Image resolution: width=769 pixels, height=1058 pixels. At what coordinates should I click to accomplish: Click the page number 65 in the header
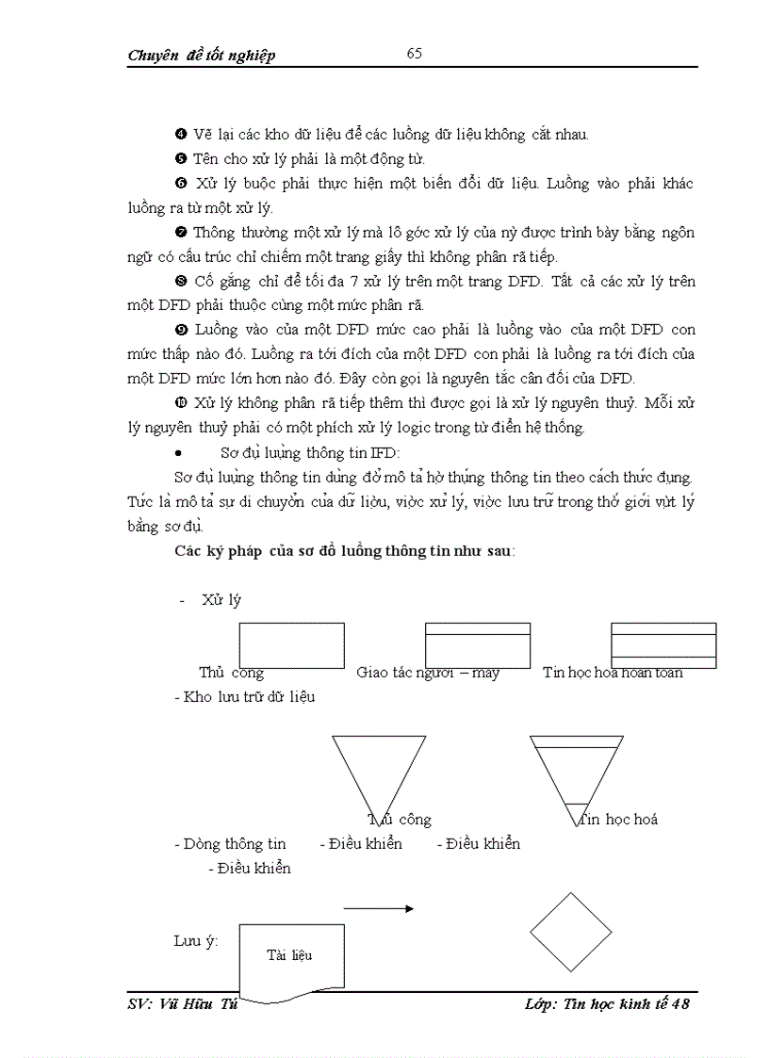pos(414,54)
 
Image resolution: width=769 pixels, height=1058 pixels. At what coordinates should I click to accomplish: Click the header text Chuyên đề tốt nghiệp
pos(201,56)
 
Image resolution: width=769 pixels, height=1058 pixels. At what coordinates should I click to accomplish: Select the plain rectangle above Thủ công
pos(291,645)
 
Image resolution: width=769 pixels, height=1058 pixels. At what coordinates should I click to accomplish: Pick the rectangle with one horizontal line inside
pos(477,645)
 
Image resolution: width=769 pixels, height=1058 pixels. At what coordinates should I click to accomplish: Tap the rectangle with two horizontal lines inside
pos(663,645)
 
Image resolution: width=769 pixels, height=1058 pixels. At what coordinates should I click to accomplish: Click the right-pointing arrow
pos(378,909)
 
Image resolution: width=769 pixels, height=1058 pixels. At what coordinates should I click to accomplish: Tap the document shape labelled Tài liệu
pos(288,959)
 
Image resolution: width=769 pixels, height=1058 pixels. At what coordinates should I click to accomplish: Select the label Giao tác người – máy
pos(428,673)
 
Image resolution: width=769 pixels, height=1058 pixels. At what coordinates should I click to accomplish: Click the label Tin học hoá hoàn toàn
pos(613,673)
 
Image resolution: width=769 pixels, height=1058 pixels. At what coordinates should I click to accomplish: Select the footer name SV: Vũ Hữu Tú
pos(180,1004)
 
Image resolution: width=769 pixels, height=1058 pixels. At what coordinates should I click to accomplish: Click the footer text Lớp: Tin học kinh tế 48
pos(607,1004)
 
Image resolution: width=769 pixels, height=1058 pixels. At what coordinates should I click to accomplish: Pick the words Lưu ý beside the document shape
pos(195,941)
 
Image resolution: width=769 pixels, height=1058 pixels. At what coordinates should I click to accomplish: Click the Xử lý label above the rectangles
pos(221,600)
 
